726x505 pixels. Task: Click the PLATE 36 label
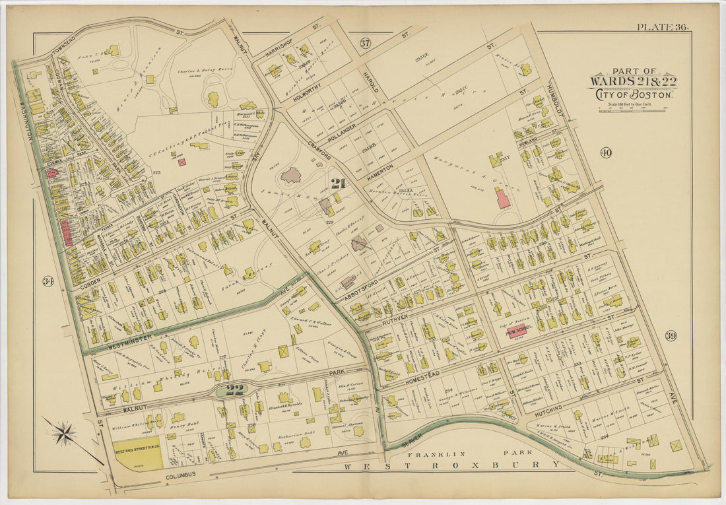[662, 27]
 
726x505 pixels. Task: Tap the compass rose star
[64, 434]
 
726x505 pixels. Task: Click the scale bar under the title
[632, 108]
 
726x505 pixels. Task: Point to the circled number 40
[606, 153]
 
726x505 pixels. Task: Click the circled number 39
[671, 336]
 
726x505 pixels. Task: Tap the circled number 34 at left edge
[30, 281]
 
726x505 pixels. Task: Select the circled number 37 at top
[365, 44]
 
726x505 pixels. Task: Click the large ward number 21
[339, 183]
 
